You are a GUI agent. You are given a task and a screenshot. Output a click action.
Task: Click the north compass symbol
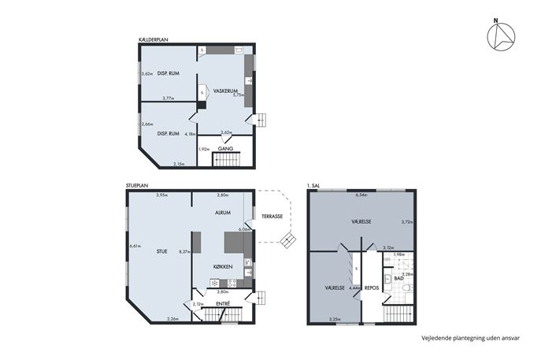click(501, 36)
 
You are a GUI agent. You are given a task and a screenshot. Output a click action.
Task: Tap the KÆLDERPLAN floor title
click(153, 40)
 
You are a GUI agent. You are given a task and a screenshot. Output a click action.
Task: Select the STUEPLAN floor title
click(137, 186)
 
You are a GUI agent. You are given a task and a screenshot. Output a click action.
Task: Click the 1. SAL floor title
click(313, 186)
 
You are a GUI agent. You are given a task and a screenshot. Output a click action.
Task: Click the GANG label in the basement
click(225, 149)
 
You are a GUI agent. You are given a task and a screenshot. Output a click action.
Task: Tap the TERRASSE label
click(272, 217)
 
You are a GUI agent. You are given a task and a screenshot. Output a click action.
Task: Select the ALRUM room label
click(223, 213)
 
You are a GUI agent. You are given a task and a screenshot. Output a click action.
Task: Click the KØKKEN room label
click(223, 267)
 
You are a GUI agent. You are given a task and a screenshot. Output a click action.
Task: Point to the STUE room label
click(161, 251)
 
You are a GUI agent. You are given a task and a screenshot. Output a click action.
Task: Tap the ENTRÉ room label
click(223, 304)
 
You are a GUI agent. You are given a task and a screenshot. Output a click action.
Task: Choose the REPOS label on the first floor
click(372, 288)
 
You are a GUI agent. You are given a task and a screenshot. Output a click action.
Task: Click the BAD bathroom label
click(398, 278)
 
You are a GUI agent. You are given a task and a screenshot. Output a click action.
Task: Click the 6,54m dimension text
click(361, 195)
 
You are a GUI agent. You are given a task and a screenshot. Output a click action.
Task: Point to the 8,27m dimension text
click(185, 251)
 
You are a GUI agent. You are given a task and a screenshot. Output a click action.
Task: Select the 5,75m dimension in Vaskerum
click(239, 95)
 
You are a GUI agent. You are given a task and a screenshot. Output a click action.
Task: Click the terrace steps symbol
click(287, 240)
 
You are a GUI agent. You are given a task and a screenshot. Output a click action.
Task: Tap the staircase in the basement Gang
click(226, 160)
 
